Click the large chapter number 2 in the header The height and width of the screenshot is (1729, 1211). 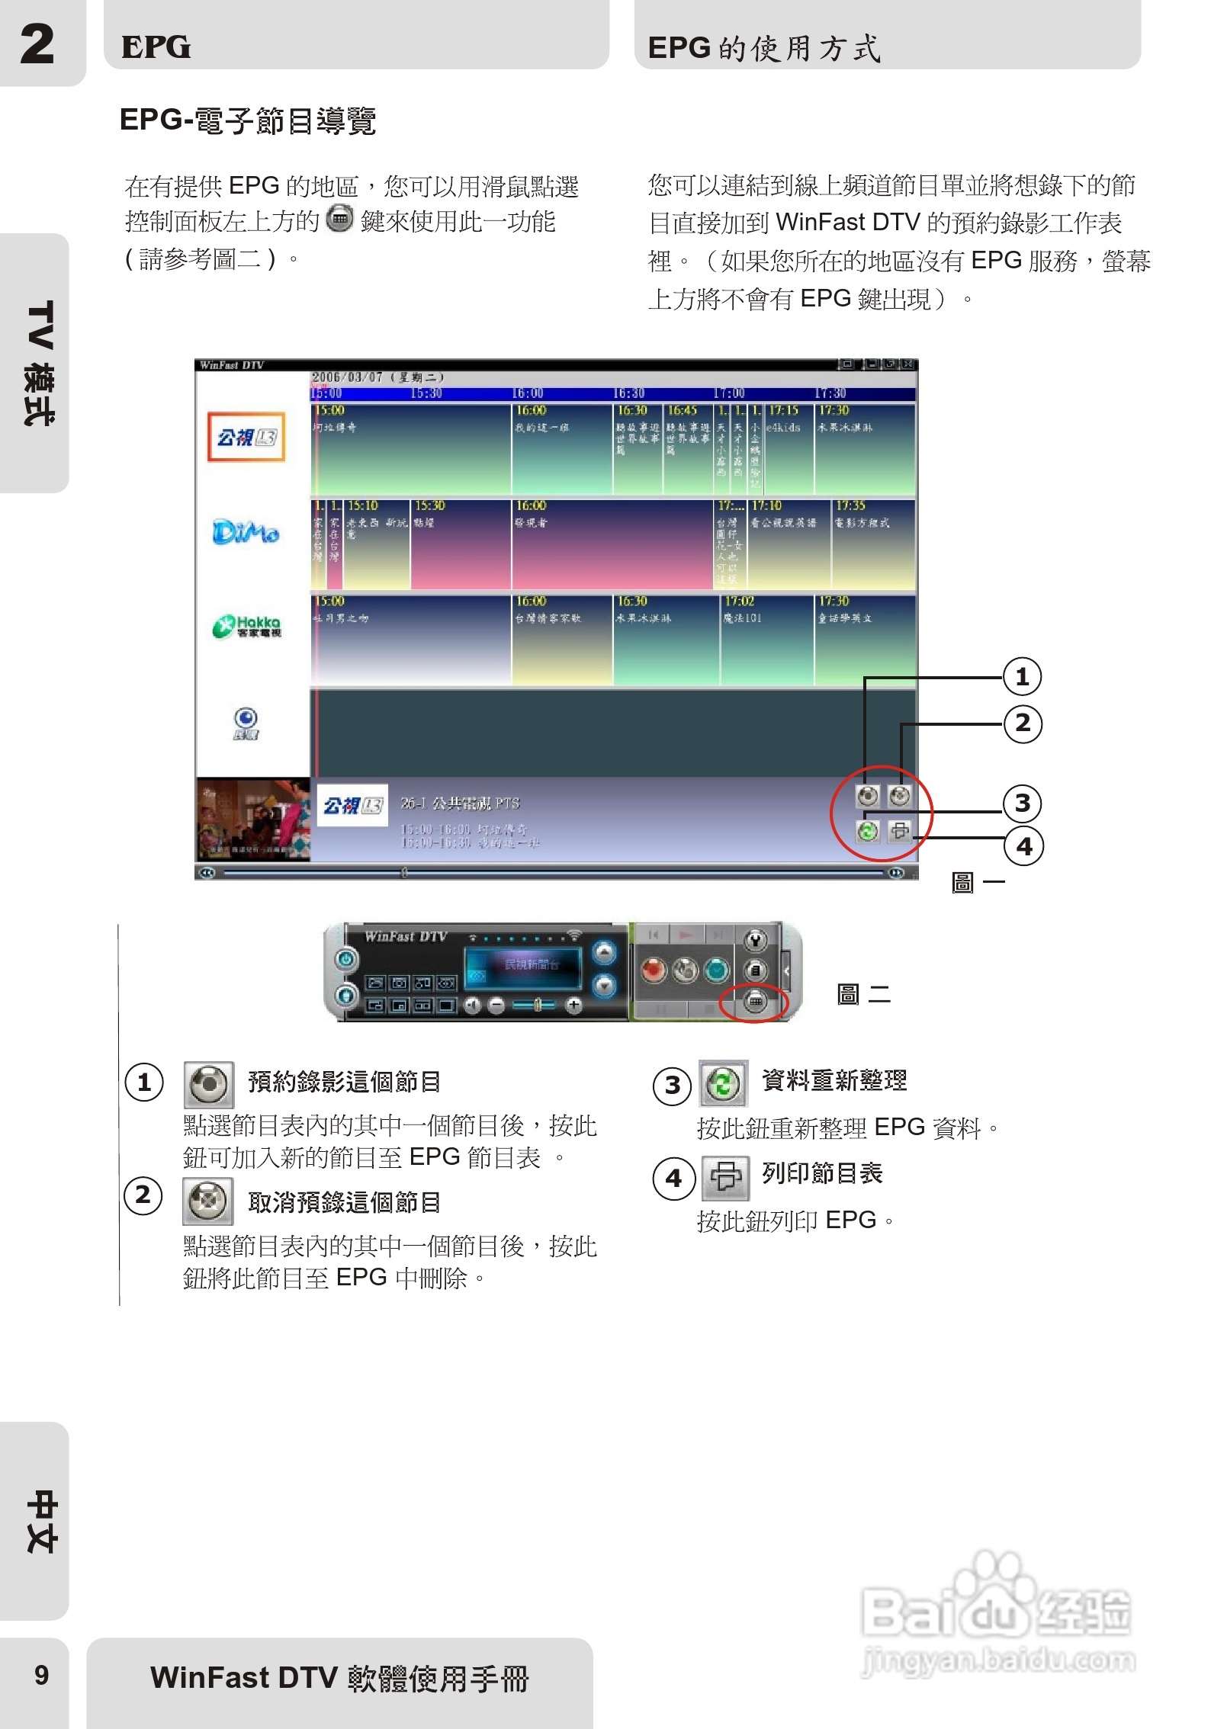point(37,43)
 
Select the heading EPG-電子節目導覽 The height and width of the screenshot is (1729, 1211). point(248,120)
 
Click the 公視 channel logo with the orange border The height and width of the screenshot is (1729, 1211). point(246,437)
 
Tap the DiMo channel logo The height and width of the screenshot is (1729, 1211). point(246,531)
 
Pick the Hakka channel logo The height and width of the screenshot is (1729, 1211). point(246,626)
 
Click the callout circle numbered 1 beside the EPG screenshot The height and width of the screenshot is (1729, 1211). point(1022,676)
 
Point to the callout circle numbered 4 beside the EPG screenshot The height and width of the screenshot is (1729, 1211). point(1023,845)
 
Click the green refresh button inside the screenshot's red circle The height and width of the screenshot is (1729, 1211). point(867,831)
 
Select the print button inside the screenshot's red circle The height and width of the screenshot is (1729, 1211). point(899,831)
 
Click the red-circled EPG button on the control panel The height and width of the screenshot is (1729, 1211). point(755,1001)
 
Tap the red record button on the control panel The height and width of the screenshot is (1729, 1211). point(653,970)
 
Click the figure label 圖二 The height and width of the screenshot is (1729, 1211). point(863,994)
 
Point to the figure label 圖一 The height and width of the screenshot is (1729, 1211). point(978,883)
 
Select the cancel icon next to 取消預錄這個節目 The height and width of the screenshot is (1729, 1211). point(207,1201)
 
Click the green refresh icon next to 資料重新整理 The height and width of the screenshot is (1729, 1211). point(723,1083)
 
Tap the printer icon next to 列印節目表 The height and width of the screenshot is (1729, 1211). point(725,1176)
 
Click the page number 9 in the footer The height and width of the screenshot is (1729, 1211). point(42,1675)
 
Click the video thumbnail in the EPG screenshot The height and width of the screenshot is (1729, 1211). point(252,820)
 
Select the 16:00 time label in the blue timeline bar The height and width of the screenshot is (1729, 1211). point(528,393)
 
